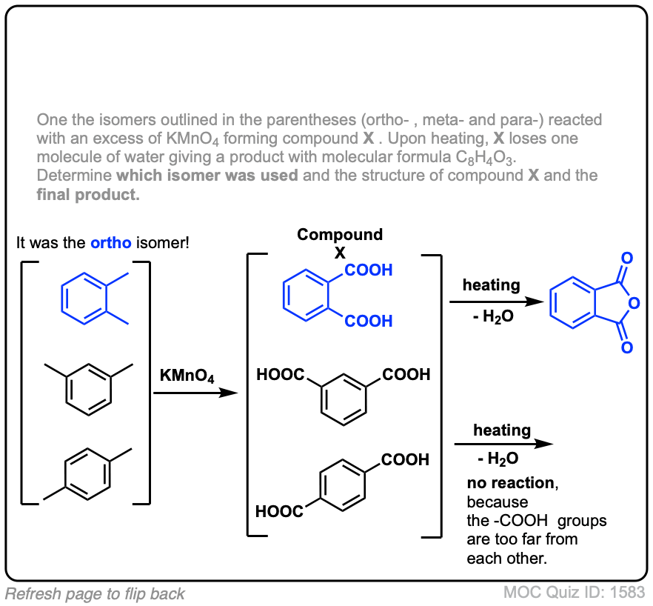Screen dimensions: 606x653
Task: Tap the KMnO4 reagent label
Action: tap(187, 376)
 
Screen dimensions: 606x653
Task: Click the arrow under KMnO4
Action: tap(196, 393)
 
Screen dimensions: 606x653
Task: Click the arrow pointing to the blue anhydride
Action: tap(492, 302)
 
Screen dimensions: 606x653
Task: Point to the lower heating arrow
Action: tap(503, 444)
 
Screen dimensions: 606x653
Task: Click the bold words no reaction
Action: tap(510, 483)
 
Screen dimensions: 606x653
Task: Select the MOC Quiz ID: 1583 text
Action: tap(574, 593)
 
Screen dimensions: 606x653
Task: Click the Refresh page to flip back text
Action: tap(95, 593)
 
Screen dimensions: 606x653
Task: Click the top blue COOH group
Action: tap(369, 270)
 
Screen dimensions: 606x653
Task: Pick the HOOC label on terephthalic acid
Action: tap(279, 510)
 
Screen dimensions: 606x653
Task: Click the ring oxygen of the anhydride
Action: tap(634, 302)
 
